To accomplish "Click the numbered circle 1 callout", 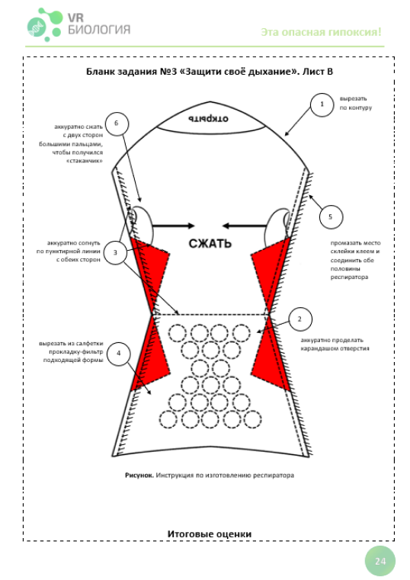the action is click(x=322, y=104).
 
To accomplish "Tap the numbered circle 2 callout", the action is click(x=299, y=319).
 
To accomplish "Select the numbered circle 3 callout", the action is click(x=115, y=252).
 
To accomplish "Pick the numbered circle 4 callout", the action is click(x=119, y=353).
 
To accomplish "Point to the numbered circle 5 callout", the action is click(x=331, y=216).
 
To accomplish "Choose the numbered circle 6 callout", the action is click(x=117, y=123).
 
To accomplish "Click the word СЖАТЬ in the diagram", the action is click(x=210, y=243).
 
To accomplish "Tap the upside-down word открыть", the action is click(x=208, y=119).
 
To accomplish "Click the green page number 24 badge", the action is click(x=380, y=561).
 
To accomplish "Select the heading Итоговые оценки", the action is click(x=210, y=534).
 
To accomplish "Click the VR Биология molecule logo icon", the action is click(x=44, y=24).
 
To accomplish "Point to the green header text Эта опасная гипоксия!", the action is click(x=321, y=32).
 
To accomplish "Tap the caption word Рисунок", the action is click(x=139, y=475).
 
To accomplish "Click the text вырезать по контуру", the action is click(x=356, y=103).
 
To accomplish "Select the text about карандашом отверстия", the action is click(x=335, y=344).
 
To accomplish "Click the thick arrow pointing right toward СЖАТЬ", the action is click(x=173, y=226).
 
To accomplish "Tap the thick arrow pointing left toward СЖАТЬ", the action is click(x=245, y=226).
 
